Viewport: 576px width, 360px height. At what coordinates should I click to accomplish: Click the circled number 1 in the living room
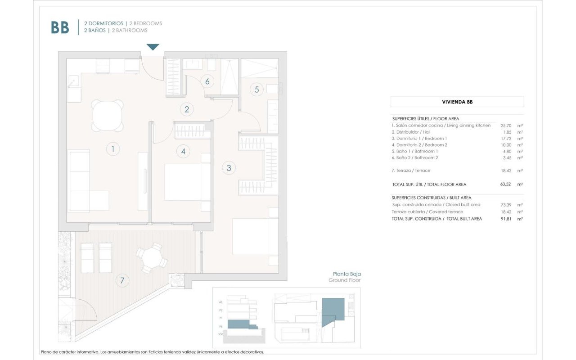point(113,149)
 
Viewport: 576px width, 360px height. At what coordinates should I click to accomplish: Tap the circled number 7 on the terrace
point(121,280)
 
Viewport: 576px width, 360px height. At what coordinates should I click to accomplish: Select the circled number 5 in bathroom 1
point(256,89)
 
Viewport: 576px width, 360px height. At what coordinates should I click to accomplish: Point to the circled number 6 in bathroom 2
point(207,81)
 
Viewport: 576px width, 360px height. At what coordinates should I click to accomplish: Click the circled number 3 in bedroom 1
point(229,168)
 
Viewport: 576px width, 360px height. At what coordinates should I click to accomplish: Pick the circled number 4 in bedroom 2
point(183,151)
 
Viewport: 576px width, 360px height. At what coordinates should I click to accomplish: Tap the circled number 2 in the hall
point(186,109)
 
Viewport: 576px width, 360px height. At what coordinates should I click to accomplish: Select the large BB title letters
point(60,27)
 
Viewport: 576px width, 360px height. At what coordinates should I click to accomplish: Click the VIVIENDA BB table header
point(457,102)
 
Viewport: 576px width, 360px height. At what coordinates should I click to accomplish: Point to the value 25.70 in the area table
point(506,126)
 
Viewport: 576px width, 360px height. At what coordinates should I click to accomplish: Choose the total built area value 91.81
point(506,219)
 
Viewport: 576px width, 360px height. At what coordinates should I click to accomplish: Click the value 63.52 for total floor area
point(506,184)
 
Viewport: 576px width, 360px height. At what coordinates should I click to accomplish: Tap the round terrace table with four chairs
point(152,258)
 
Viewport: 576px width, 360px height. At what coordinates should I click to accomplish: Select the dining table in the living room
point(108,116)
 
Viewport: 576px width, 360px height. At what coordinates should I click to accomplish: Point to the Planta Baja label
point(346,274)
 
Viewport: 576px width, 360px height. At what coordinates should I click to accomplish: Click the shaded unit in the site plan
point(333,308)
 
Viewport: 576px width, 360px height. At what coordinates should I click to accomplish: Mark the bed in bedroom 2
point(187,182)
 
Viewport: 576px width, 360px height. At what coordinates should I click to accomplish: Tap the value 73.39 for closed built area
point(506,205)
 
